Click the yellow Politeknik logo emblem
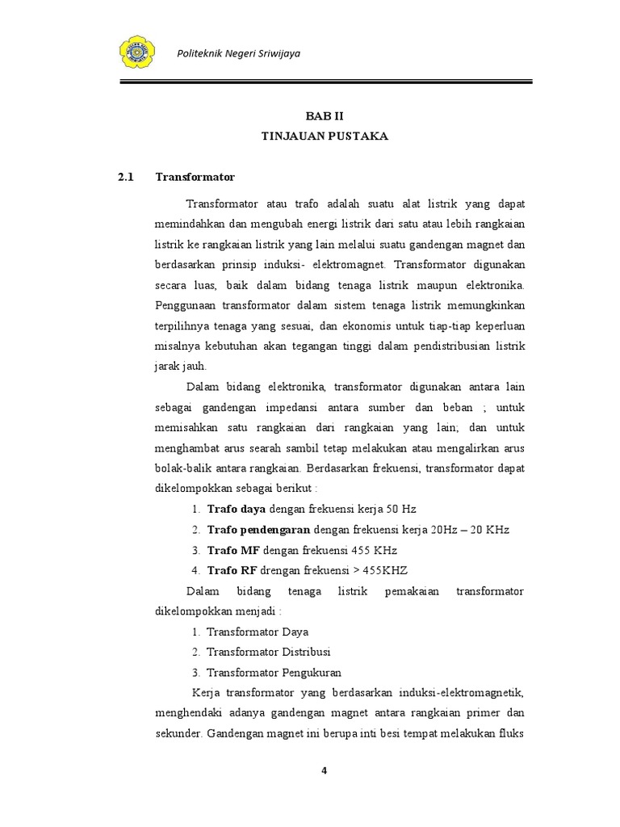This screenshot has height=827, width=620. click(141, 52)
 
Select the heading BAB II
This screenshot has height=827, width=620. click(324, 116)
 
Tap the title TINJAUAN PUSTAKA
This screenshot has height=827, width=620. click(324, 136)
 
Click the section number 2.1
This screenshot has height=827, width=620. click(124, 177)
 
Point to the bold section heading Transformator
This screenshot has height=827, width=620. click(195, 177)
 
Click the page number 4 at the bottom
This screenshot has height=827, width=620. click(324, 770)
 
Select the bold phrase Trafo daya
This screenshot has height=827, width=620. click(237, 509)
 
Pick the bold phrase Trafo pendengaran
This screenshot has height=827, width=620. click(258, 529)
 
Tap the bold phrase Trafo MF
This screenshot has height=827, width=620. click(234, 550)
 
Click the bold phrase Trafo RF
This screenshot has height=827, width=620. click(232, 570)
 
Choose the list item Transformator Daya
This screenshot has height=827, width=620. click(258, 632)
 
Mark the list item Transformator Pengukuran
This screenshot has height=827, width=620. click(274, 672)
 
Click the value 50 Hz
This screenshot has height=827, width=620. click(399, 509)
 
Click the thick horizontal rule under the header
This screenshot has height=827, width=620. click(326, 81)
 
